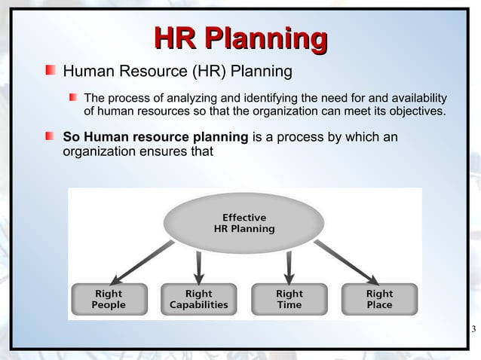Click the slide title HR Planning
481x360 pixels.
click(x=240, y=38)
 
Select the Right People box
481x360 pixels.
click(x=108, y=298)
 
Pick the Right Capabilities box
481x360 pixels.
click(x=198, y=298)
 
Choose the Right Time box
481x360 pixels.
click(x=289, y=298)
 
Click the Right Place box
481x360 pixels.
click(x=379, y=298)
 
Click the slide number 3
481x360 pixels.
click(x=473, y=328)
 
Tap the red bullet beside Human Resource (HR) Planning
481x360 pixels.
click(x=50, y=72)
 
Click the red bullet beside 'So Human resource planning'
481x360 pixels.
click(x=50, y=136)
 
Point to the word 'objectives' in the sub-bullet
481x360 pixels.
click(x=415, y=113)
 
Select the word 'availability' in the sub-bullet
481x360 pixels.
click(x=415, y=98)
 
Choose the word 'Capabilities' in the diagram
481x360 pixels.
click(x=198, y=305)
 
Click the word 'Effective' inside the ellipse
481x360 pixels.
click(x=243, y=217)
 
